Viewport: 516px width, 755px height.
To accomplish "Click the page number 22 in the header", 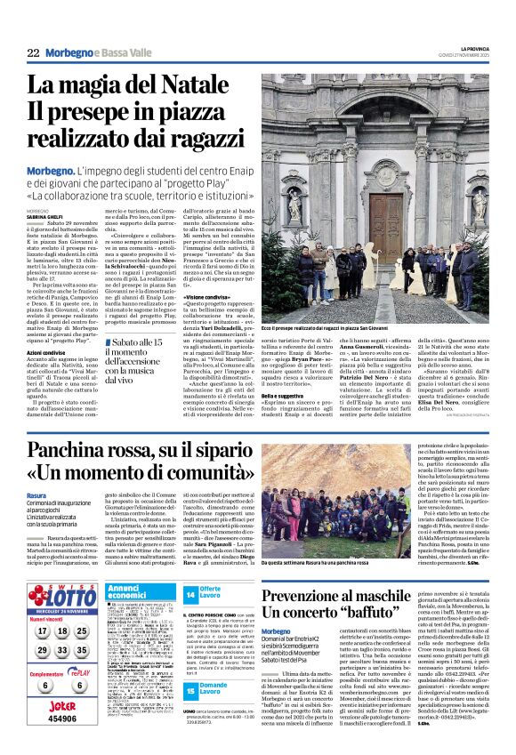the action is pyautogui.click(x=33, y=53).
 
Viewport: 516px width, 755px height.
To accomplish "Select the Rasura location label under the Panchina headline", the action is pyautogui.click(x=36, y=494).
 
